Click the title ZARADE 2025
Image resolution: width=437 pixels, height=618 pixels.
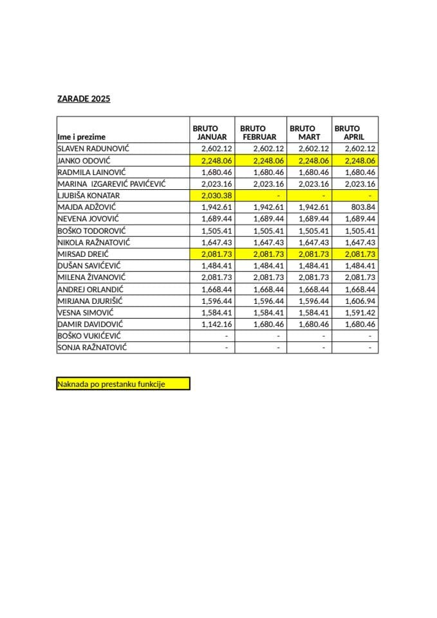[x=84, y=99]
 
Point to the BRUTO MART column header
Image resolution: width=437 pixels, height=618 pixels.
[x=307, y=133]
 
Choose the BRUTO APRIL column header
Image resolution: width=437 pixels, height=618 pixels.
[x=351, y=133]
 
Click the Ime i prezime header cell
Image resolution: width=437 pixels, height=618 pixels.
[x=82, y=137]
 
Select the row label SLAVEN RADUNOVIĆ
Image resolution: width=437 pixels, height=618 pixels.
[x=93, y=149]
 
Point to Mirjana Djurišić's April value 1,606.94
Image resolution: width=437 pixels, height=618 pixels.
[x=360, y=301]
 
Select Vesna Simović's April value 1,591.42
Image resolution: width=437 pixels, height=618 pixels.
[x=360, y=313]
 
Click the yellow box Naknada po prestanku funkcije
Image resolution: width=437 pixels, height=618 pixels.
[x=123, y=384]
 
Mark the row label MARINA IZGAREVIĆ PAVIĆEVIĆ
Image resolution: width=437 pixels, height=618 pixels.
[x=112, y=184]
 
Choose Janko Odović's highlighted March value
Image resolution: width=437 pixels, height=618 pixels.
[x=314, y=160]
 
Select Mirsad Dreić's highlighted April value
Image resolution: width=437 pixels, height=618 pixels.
[x=360, y=254]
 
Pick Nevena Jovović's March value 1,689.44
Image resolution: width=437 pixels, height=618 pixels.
[x=314, y=219]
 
